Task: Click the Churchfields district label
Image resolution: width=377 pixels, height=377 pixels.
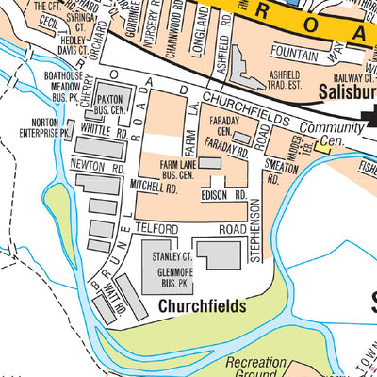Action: [202, 306]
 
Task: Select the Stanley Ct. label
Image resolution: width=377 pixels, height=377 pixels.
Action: [174, 255]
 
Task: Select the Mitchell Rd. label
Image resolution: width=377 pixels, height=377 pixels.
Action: [155, 188]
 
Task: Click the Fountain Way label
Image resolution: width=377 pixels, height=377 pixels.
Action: [302, 53]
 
